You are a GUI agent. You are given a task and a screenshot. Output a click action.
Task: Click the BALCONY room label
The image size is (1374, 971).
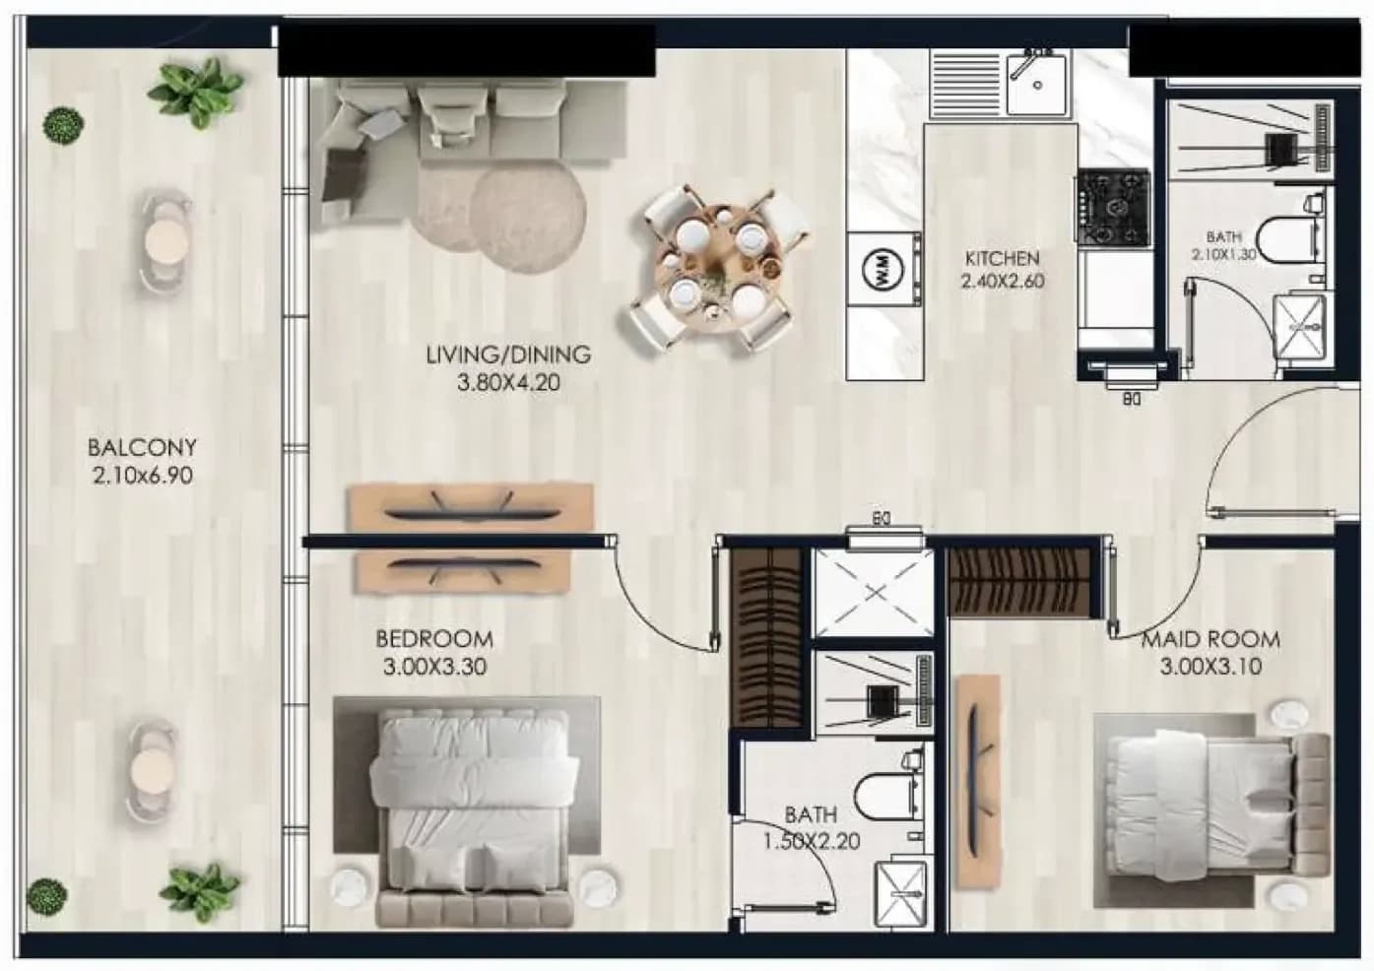pos(142,447)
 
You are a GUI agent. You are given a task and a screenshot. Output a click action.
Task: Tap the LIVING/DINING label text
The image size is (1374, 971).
pos(508,355)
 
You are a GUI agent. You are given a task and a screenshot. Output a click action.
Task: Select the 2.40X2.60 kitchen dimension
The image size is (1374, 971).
pos(1003,282)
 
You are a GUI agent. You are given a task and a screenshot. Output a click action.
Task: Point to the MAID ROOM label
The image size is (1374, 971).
pos(1210,640)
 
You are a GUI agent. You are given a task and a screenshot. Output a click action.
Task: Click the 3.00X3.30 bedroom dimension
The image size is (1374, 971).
pos(434,667)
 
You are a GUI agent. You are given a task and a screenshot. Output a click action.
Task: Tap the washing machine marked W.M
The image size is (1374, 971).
pos(883,269)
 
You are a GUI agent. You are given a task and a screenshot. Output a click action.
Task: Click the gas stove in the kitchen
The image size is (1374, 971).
pos(1112,208)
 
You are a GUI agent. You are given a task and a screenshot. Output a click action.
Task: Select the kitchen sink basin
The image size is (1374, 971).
pos(1037,84)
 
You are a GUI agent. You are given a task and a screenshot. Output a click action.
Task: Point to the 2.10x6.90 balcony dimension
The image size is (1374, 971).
pos(142,476)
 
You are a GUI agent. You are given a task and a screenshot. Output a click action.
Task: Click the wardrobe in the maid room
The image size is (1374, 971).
pos(1019,581)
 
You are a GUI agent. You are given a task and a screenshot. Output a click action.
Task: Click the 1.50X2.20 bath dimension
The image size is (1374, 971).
pos(811,842)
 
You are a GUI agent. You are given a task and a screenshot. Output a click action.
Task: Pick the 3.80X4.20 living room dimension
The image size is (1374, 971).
pos(508,383)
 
